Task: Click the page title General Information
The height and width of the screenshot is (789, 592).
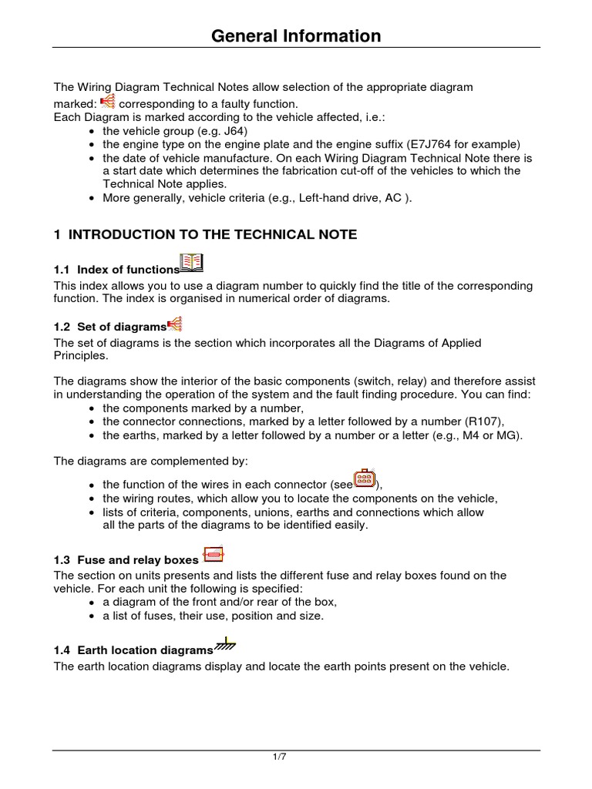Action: (x=296, y=35)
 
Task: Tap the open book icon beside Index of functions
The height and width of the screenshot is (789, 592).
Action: (x=191, y=263)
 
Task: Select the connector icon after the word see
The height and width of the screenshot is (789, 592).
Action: (x=365, y=479)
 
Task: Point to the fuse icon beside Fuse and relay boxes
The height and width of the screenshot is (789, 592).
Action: (x=213, y=554)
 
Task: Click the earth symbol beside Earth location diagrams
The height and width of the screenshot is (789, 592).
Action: (x=224, y=644)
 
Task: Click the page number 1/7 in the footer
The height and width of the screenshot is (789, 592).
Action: (x=280, y=757)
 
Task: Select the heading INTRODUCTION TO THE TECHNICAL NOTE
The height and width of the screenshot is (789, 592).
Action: (x=212, y=234)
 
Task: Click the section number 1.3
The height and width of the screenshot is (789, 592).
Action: (x=62, y=560)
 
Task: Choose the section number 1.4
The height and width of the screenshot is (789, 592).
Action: (x=62, y=650)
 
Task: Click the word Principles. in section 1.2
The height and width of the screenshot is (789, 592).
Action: (x=80, y=356)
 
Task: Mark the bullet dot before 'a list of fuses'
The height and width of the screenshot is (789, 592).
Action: (x=92, y=616)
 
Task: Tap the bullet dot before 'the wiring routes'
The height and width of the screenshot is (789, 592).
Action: (x=92, y=499)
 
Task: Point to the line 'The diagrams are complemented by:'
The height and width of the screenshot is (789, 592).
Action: (x=151, y=461)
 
